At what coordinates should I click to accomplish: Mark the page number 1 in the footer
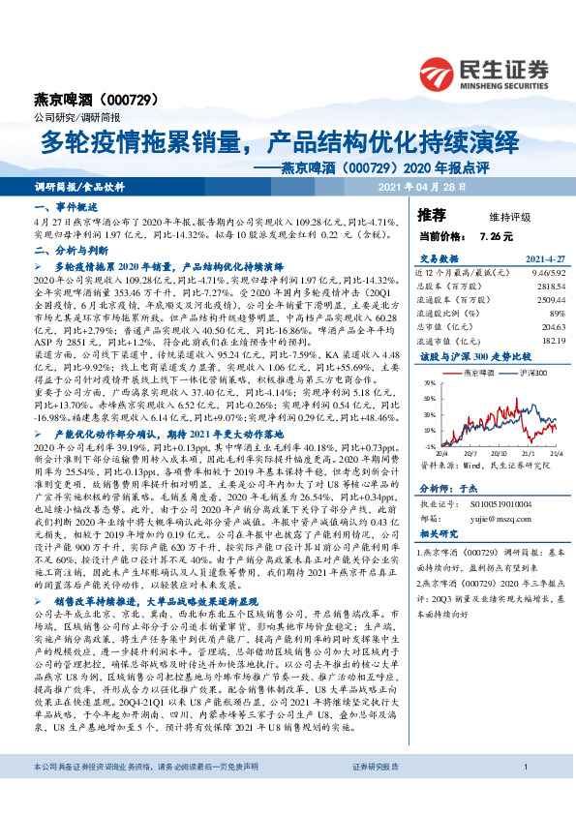point(524,795)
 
